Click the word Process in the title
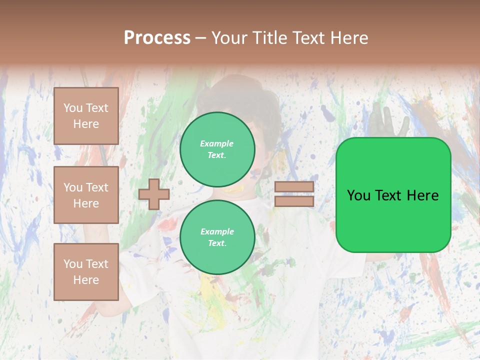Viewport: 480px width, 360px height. pos(157,38)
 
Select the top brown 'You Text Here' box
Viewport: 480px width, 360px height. pos(86,116)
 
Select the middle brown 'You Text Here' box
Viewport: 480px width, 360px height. pos(86,195)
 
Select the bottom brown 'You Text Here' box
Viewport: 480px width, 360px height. pos(86,272)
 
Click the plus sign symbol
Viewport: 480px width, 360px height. pos(154,194)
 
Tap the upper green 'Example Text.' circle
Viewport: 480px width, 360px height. pos(217,149)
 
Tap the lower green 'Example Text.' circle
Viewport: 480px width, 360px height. pos(217,237)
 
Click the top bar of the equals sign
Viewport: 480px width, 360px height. pos(294,187)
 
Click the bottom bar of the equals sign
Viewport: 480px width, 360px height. pos(294,201)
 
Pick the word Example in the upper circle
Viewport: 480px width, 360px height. pos(216,143)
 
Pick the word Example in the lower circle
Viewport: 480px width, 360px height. pos(217,231)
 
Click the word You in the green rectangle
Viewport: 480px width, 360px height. pos(358,195)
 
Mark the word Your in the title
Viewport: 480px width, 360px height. pos(229,38)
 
